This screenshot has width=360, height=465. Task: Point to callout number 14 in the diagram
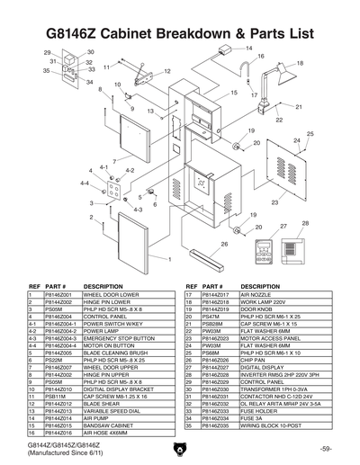[x=248, y=48]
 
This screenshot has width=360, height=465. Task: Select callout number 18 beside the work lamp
[x=300, y=63]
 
